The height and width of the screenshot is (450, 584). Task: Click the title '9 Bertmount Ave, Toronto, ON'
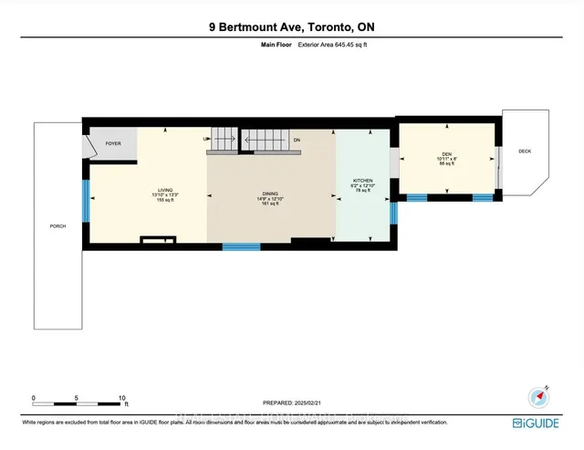[x=291, y=28]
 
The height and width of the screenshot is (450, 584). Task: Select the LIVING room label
[x=164, y=187]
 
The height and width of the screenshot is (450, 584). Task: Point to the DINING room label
[x=271, y=194]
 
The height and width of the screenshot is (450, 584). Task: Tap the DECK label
[x=524, y=152]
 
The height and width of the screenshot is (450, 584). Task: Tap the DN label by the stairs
[x=297, y=139]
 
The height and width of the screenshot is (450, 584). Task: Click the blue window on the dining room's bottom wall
[x=242, y=246]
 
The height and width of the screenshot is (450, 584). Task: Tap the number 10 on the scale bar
[x=121, y=398]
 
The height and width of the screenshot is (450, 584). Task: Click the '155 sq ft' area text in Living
[x=164, y=199]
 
